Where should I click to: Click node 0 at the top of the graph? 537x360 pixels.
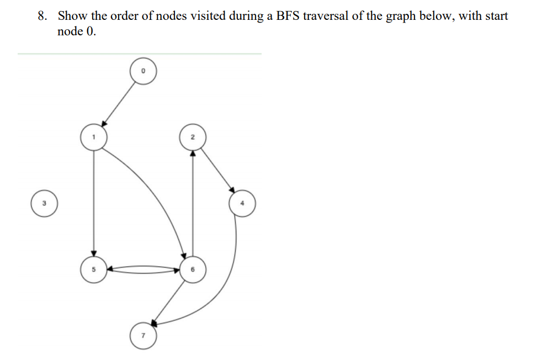tap(143, 72)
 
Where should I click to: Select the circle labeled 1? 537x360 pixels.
tap(94, 137)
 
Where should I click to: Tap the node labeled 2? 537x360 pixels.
tap(192, 137)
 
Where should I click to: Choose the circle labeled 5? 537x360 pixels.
tap(94, 270)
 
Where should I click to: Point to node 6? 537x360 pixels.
tap(192, 270)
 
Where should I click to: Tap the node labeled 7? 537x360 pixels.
tap(143, 335)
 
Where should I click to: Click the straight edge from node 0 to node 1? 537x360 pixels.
tap(119, 103)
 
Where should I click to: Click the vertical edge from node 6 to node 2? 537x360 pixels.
tap(192, 204)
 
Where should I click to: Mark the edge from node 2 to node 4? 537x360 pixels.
tap(217, 170)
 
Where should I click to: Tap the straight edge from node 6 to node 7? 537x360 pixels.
tap(168, 301)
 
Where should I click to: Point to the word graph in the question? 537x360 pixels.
tap(400, 17)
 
